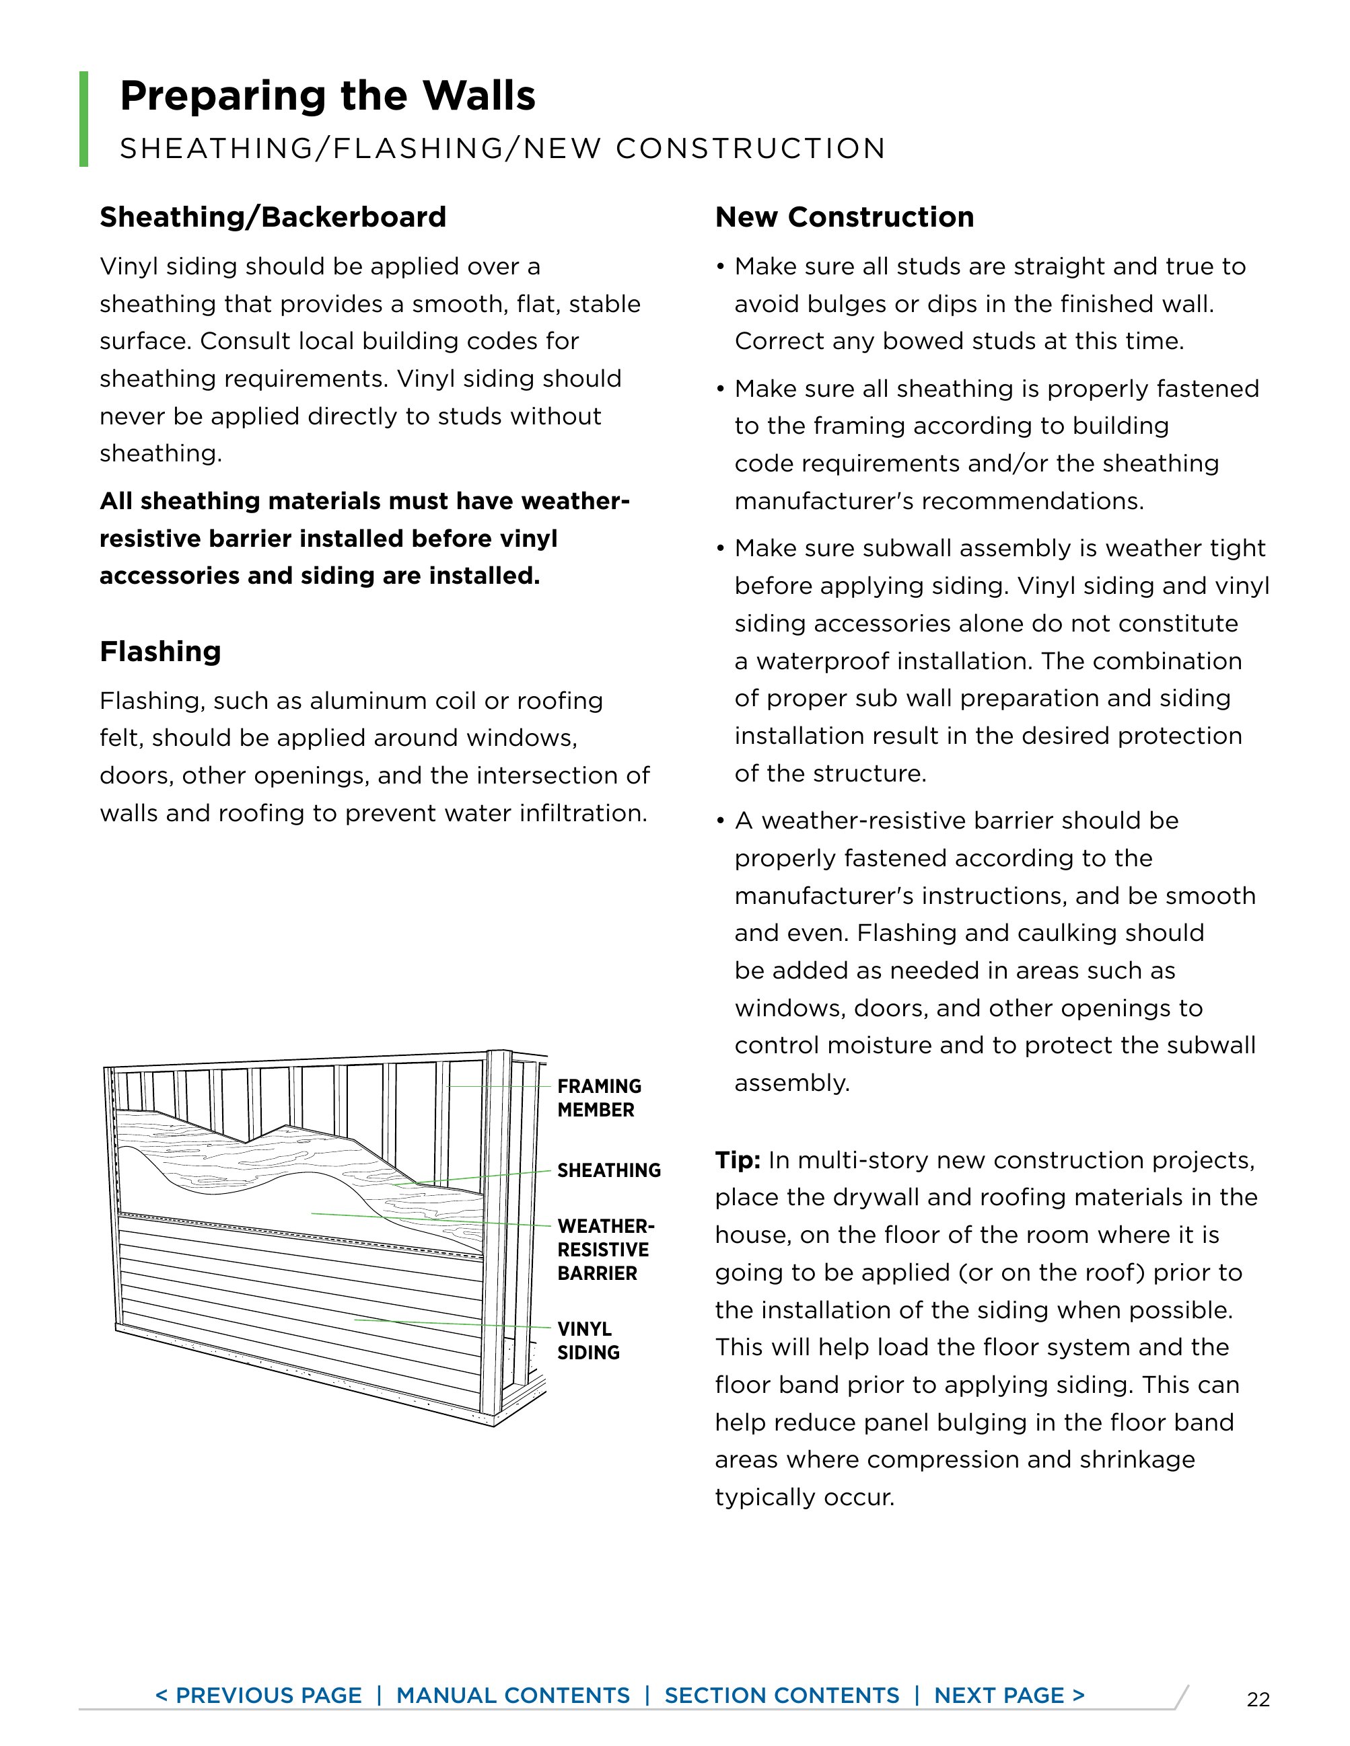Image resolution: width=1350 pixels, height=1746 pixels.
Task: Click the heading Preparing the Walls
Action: point(327,96)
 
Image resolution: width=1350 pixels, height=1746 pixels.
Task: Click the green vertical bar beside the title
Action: point(84,119)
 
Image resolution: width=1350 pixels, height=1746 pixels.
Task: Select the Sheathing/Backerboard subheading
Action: point(273,217)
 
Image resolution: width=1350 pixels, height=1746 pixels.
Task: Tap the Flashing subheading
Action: point(160,652)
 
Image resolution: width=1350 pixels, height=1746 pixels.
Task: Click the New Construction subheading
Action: point(844,217)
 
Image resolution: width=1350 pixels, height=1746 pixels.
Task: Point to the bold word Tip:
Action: point(738,1160)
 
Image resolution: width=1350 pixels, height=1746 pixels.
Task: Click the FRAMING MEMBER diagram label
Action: point(599,1098)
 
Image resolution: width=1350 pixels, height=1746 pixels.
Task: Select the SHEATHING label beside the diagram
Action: point(608,1170)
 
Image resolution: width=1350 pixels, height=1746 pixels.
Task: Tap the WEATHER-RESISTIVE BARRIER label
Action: point(606,1250)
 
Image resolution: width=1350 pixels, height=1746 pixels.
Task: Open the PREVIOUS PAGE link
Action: point(258,1696)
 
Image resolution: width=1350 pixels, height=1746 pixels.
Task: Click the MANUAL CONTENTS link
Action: point(513,1696)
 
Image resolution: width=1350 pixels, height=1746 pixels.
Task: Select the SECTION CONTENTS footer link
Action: point(781,1696)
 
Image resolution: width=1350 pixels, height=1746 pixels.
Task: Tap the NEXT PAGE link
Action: point(1009,1696)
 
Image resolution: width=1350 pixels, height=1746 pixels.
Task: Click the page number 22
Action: point(1258,1700)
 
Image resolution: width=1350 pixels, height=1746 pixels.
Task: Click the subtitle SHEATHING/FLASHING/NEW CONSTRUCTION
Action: point(502,149)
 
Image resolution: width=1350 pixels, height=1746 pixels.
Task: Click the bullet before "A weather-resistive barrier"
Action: point(721,822)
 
